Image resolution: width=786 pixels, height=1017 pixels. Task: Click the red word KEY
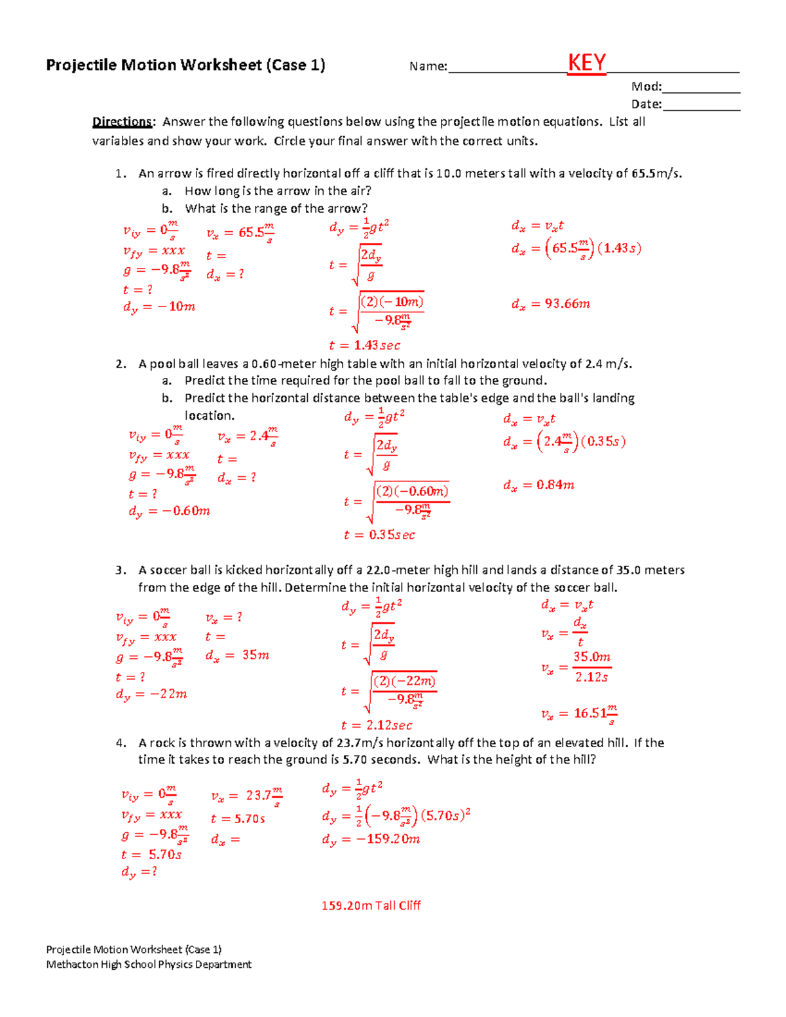(586, 64)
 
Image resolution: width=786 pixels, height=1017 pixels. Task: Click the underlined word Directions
(122, 122)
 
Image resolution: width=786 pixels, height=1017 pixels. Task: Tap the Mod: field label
(646, 86)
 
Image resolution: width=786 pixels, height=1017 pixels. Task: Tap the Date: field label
(646, 104)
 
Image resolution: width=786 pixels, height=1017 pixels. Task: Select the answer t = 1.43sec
(364, 345)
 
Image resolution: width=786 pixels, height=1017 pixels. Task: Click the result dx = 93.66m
(550, 304)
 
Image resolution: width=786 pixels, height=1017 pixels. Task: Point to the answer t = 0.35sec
(379, 535)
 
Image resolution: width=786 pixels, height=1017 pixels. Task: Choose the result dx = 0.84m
(538, 485)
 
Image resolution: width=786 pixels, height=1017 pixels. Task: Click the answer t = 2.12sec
(377, 725)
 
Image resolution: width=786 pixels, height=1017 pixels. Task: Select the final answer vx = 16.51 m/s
(579, 714)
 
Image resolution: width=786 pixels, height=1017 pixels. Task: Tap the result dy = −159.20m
(371, 840)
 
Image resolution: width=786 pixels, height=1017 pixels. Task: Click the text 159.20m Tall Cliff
(371, 906)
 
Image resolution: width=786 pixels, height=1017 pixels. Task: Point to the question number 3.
(120, 570)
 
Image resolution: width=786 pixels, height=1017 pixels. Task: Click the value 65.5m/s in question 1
(656, 174)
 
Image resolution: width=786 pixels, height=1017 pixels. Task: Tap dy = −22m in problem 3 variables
(151, 694)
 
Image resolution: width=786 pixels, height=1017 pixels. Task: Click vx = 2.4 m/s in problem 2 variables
(248, 437)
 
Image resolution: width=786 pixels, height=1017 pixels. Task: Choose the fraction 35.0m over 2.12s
(591, 667)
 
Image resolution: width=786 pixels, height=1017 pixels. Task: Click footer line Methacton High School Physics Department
(149, 964)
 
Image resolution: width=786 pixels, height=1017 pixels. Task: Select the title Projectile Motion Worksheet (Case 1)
(185, 65)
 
